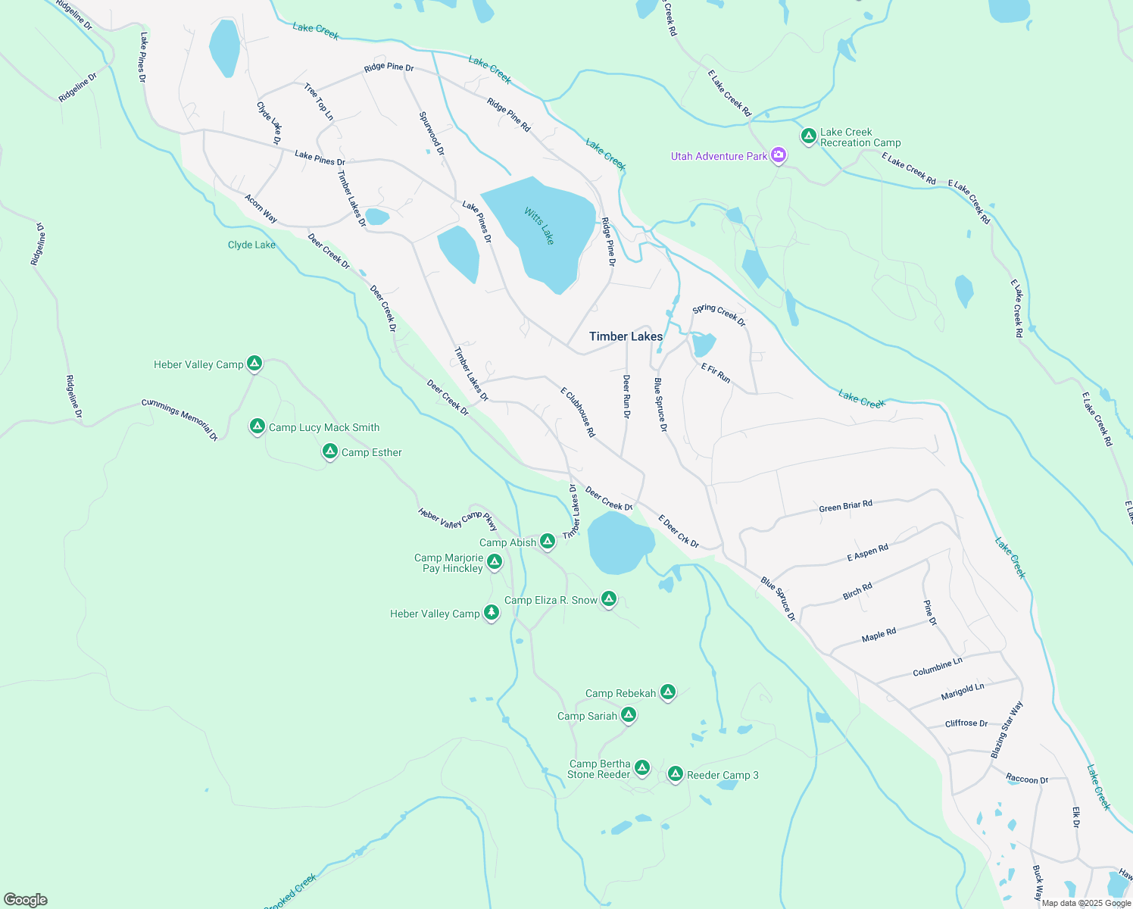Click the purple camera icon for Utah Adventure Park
pos(779,156)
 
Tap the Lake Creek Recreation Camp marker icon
pos(808,136)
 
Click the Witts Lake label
pos(539,226)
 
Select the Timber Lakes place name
pos(626,336)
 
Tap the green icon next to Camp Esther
pos(329,452)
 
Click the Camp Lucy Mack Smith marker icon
pos(257,426)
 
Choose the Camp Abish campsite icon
pos(548,542)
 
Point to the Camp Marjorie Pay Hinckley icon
pos(495,562)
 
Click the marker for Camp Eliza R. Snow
pos(609,599)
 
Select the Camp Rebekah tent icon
pos(667,692)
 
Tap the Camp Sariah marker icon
pos(628,715)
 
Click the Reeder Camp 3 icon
pos(675,774)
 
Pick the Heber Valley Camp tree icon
pos(492,613)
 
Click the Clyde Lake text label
pos(251,245)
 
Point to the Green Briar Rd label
pos(845,506)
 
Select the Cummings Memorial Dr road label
pos(179,420)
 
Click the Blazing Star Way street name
pos(1007,729)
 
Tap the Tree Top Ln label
pos(319,102)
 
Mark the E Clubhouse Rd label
pos(578,412)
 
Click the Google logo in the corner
pos(26,899)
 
